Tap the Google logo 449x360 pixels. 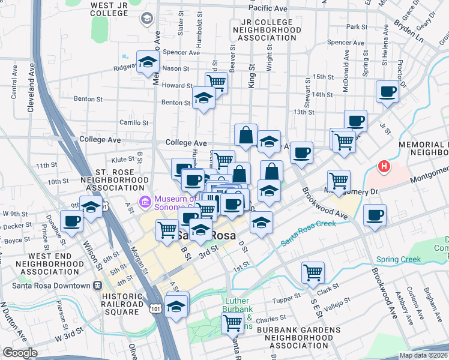pyautogui.click(x=20, y=353)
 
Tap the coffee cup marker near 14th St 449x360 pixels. pyautogui.click(x=388, y=92)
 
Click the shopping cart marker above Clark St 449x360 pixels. pyautogui.click(x=313, y=272)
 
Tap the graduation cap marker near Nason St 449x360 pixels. pyautogui.click(x=147, y=62)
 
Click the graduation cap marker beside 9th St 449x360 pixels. pyautogui.click(x=91, y=207)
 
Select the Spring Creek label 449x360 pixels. pyautogui.click(x=399, y=260)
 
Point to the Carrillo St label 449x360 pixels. pyautogui.click(x=133, y=122)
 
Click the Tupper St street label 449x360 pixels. pyautogui.click(x=286, y=298)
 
